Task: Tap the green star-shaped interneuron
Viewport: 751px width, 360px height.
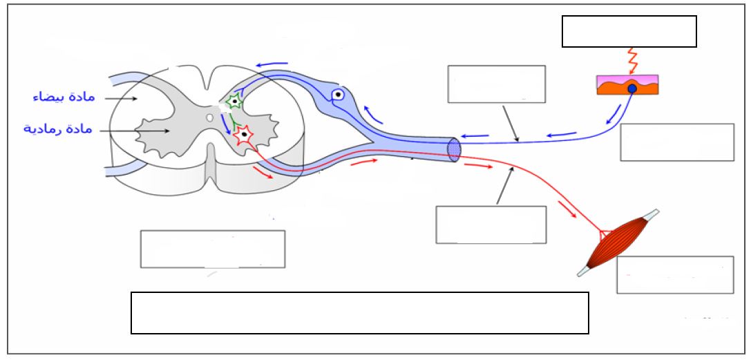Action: (235, 102)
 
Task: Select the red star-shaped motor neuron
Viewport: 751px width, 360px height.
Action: (243, 135)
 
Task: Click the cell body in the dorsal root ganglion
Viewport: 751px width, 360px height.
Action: (338, 95)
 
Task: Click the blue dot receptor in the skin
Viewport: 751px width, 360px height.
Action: (631, 88)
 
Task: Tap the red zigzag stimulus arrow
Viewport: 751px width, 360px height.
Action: (631, 59)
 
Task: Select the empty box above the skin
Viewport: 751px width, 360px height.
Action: (629, 31)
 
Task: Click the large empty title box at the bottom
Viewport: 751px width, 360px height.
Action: (359, 312)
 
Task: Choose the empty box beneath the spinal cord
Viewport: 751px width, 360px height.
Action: (213, 249)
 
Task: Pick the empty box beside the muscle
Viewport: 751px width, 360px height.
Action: (674, 274)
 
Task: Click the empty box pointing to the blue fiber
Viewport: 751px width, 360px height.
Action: (496, 84)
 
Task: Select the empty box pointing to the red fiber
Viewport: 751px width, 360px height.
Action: (491, 225)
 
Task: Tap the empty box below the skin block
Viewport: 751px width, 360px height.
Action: (676, 142)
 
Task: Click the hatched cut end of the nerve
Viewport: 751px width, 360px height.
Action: (453, 149)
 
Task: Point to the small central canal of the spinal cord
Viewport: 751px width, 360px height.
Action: (209, 117)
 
